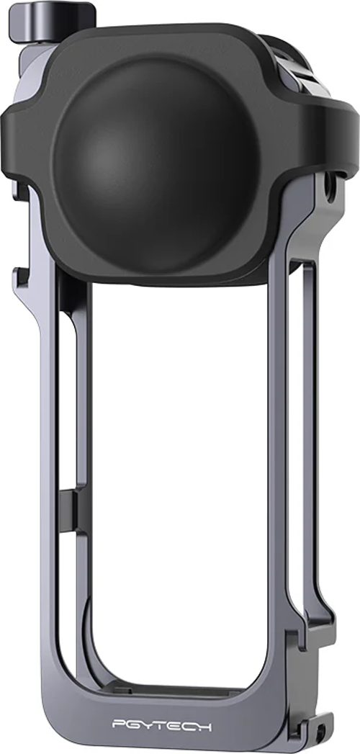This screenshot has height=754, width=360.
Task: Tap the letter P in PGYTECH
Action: [x=119, y=725]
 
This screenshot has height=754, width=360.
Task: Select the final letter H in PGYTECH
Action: [x=205, y=725]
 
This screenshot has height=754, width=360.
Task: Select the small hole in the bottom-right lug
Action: [x=320, y=734]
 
